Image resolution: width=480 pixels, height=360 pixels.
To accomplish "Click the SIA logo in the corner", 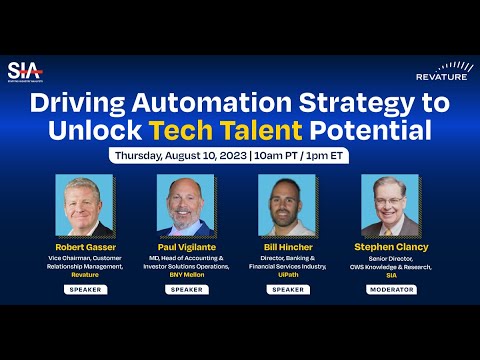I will tap(22, 71).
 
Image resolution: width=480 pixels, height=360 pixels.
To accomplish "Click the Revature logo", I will tap(441, 71).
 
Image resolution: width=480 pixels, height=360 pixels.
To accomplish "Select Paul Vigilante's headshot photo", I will tap(185, 205).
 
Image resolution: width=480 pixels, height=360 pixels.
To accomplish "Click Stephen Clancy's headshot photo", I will tap(391, 205).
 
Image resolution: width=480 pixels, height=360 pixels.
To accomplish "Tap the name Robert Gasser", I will tap(84, 246).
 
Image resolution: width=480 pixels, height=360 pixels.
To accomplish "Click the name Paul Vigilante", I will tap(185, 246).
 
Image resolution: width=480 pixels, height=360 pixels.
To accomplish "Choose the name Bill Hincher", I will tap(288, 246).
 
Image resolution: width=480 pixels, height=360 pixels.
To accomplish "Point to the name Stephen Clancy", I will tap(391, 246).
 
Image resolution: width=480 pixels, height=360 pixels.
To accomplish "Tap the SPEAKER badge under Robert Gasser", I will tap(84, 288).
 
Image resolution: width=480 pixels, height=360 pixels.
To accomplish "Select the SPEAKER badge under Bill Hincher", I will tap(288, 288).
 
